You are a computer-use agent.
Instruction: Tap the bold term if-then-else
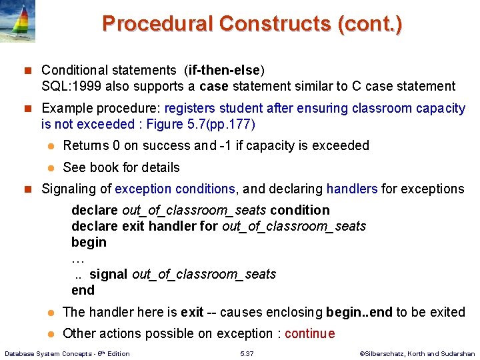click(227, 70)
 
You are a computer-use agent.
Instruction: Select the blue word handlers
click(352, 189)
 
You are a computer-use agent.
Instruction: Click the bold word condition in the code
click(300, 210)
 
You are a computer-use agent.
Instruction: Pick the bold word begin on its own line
click(89, 242)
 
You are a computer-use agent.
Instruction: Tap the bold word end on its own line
click(83, 290)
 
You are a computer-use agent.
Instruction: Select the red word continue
click(309, 333)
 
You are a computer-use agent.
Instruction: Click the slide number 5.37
click(247, 353)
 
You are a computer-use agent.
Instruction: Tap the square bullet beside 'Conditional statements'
click(27, 70)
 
